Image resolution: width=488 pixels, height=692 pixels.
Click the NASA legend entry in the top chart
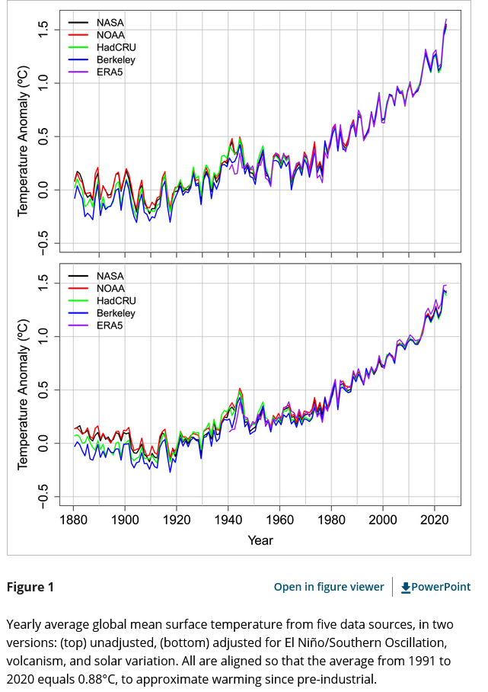pos(110,23)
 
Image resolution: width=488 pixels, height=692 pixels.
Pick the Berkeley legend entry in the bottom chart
pos(115,313)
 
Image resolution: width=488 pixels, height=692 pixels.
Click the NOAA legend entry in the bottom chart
pos(110,289)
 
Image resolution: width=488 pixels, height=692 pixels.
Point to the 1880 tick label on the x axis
pos(74,521)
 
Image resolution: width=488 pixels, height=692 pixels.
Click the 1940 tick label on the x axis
pos(228,521)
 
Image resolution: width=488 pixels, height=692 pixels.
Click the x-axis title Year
pos(259,540)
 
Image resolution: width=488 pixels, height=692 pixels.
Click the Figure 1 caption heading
pos(30,587)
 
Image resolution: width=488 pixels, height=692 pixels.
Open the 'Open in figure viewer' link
pos(329,587)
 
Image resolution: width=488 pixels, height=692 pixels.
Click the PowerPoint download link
pos(435,587)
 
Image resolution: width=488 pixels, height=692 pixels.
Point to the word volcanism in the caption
pos(38,662)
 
